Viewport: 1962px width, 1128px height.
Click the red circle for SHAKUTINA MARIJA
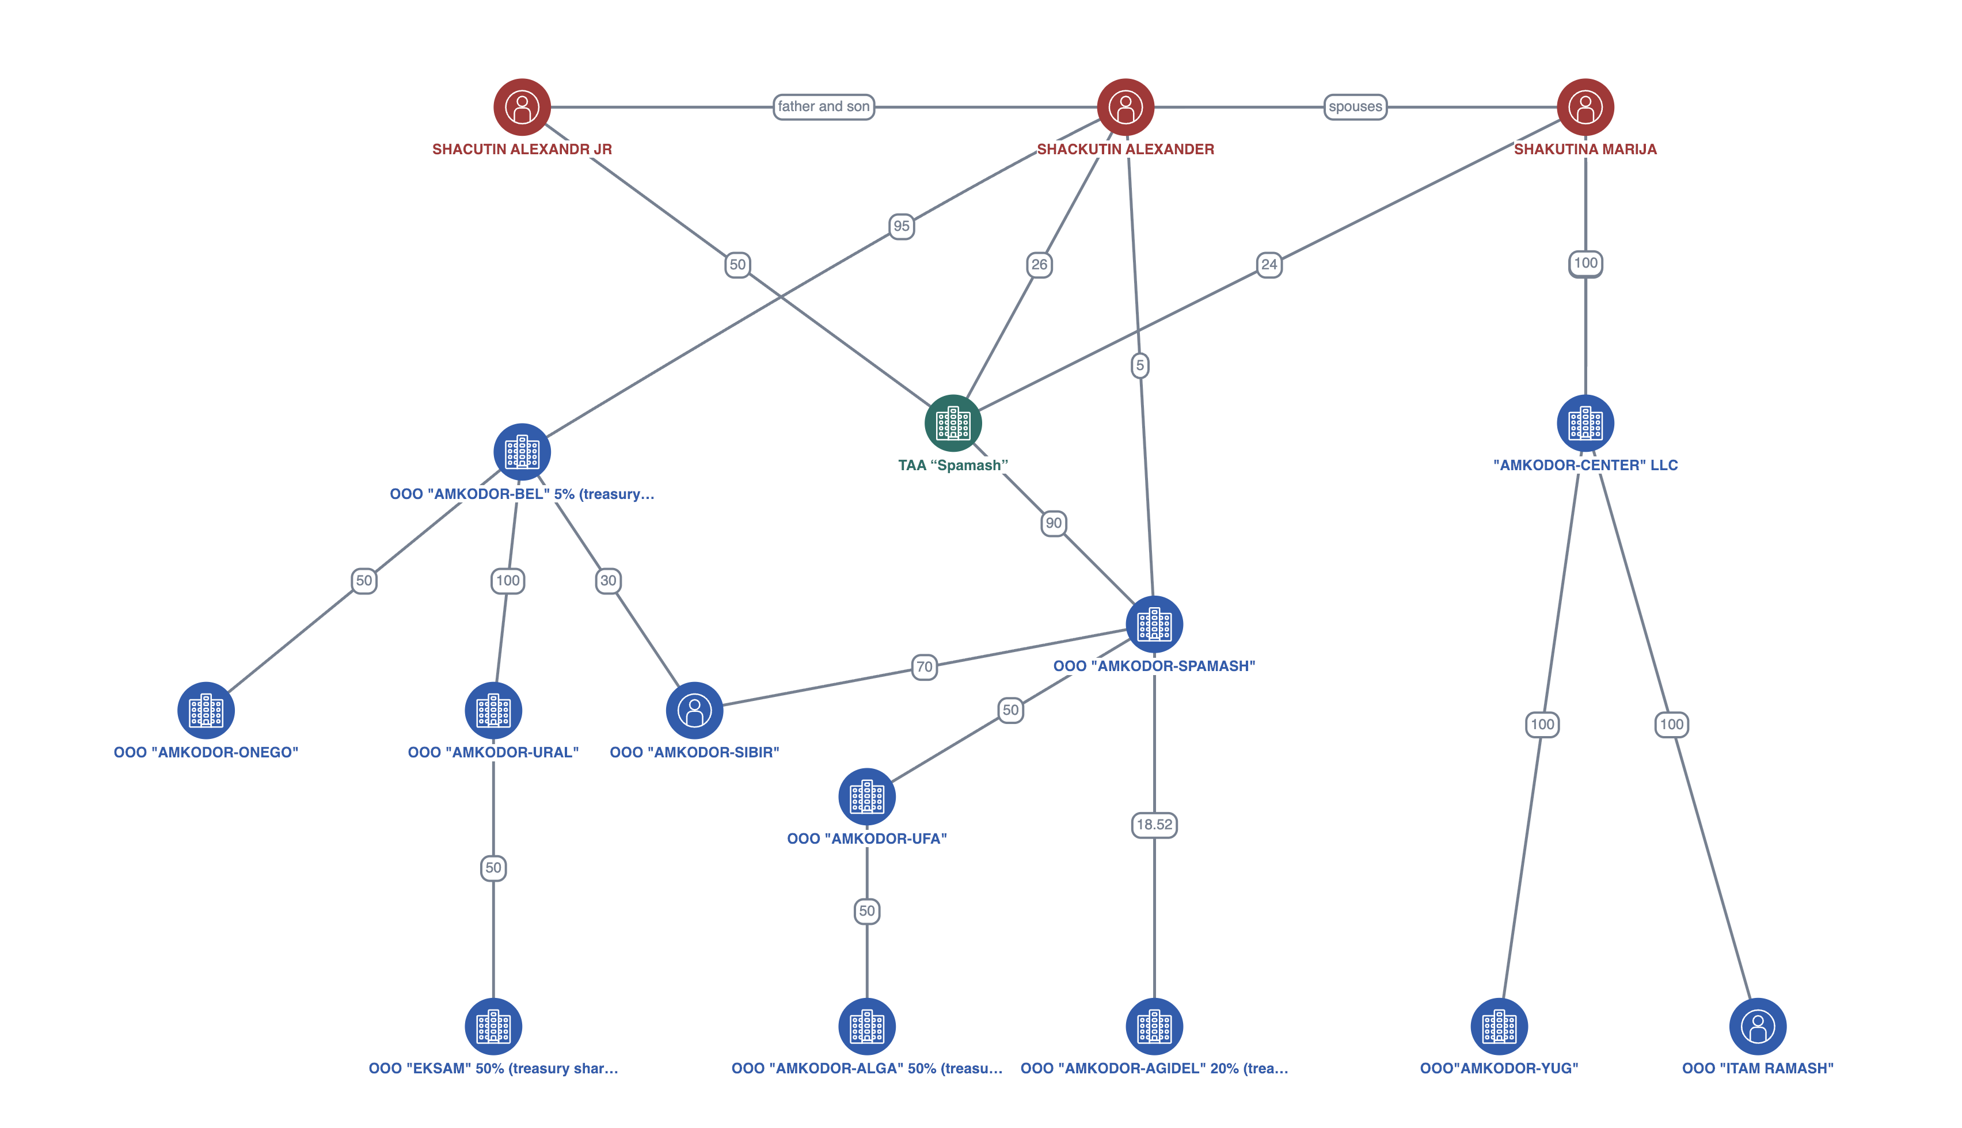[1585, 107]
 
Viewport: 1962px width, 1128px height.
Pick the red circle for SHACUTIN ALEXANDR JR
[522, 107]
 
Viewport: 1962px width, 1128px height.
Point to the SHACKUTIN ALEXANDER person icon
[1125, 107]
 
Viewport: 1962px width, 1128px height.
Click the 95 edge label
[901, 226]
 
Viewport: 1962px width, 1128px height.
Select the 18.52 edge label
[1154, 824]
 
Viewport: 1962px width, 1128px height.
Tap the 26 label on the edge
[1039, 265]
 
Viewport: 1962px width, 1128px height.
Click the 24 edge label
[1268, 264]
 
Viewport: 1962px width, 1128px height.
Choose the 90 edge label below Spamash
[1053, 523]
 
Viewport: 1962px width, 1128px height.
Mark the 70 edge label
[923, 666]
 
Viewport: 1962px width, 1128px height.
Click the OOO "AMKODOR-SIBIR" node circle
[694, 710]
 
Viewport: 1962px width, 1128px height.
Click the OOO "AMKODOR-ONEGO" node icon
[206, 710]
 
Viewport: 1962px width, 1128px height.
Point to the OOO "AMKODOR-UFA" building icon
[866, 797]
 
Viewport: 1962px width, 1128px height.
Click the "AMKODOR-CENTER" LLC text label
[1585, 466]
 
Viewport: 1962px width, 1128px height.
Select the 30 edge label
[609, 580]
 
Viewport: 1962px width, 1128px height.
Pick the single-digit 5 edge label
[1139, 365]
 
